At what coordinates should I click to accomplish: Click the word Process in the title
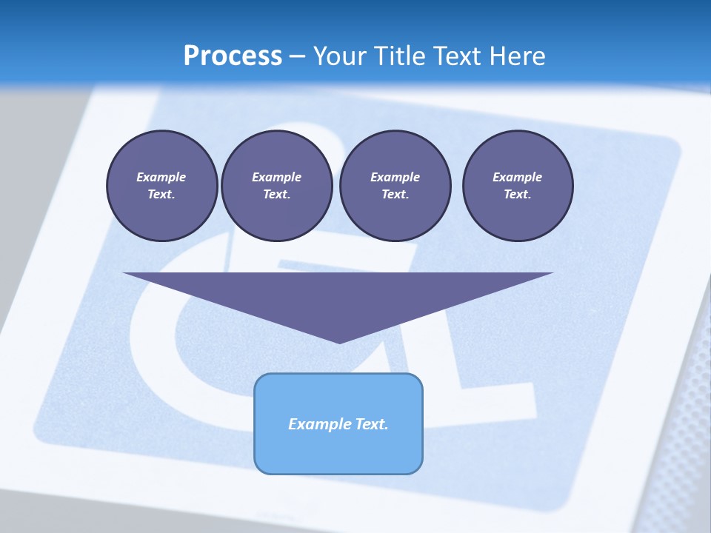tap(233, 56)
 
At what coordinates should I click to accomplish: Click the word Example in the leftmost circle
tap(161, 177)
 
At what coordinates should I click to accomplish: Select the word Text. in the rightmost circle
tap(517, 194)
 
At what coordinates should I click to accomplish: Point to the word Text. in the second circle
tap(276, 194)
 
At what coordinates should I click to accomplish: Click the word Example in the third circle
tap(395, 177)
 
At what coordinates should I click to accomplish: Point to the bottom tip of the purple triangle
tap(338, 341)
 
